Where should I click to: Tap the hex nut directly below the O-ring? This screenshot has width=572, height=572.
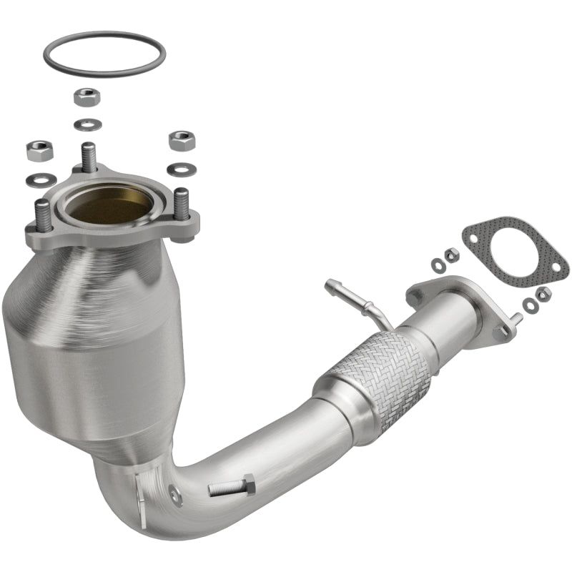(87, 97)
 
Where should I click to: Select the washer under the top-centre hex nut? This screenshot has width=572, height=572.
(87, 124)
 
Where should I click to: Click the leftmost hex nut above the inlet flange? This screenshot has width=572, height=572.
(37, 151)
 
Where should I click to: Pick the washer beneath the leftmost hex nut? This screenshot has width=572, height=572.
(37, 179)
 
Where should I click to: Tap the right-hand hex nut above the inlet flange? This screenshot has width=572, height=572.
(182, 139)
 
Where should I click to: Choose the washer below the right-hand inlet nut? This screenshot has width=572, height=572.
(180, 169)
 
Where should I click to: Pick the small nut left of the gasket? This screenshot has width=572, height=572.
(452, 255)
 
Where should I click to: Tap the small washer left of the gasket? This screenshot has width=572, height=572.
(438, 265)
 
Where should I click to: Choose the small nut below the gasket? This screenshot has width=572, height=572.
(543, 292)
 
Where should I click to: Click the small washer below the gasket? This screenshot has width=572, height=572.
(529, 305)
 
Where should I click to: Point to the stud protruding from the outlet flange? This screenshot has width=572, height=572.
(515, 320)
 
